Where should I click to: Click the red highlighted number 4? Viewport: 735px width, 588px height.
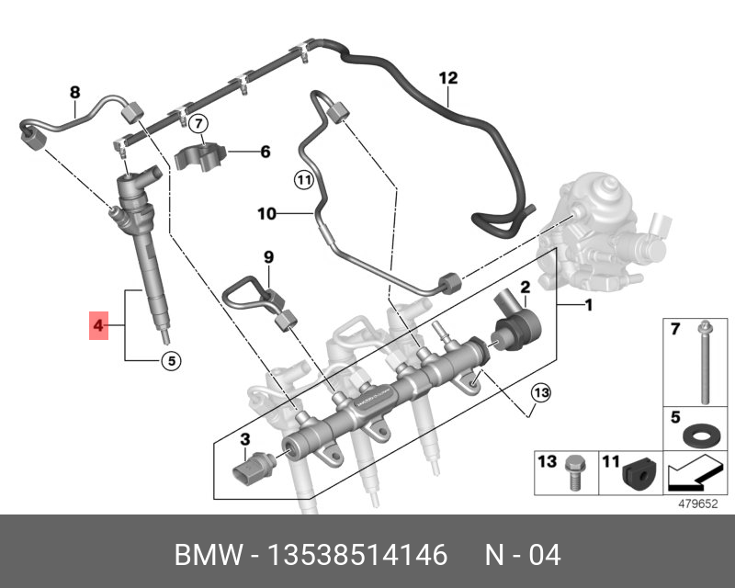(97, 325)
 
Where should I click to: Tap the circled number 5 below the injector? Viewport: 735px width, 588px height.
(170, 361)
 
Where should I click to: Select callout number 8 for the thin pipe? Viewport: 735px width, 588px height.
(75, 91)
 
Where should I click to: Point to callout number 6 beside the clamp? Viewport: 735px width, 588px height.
(265, 152)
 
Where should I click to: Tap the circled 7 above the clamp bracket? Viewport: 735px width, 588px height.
(198, 123)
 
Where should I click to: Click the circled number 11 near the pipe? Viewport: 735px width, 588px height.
(303, 180)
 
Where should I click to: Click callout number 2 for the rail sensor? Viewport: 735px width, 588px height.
(526, 287)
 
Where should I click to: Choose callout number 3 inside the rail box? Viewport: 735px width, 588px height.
(245, 439)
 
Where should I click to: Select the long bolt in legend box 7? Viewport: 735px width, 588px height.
(702, 363)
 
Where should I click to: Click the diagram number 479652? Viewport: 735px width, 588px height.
(697, 503)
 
